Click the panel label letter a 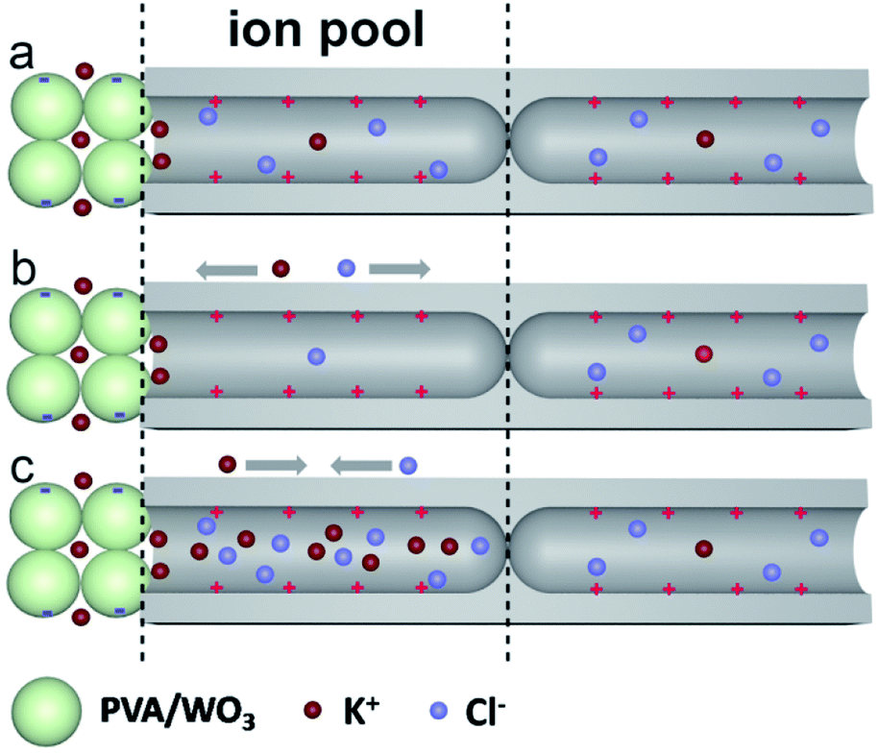[x=21, y=57]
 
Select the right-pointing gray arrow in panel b [x=399, y=271]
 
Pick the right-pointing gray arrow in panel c [x=276, y=466]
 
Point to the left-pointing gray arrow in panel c [x=361, y=466]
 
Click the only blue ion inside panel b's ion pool [x=316, y=356]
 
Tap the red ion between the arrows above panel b [x=281, y=269]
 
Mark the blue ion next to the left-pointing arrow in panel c [x=407, y=466]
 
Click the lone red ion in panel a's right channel [x=706, y=139]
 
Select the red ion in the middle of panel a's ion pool [x=318, y=142]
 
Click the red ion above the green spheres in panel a [x=85, y=70]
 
